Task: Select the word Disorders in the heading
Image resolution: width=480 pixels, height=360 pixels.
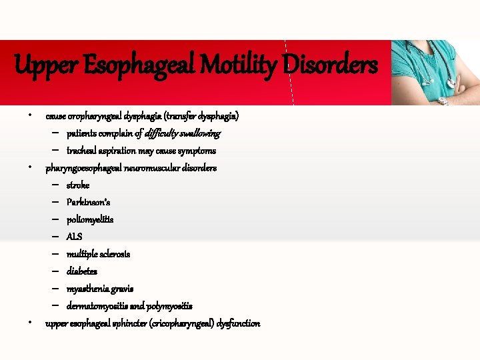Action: point(329,65)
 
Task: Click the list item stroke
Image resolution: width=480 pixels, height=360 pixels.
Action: point(78,185)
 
